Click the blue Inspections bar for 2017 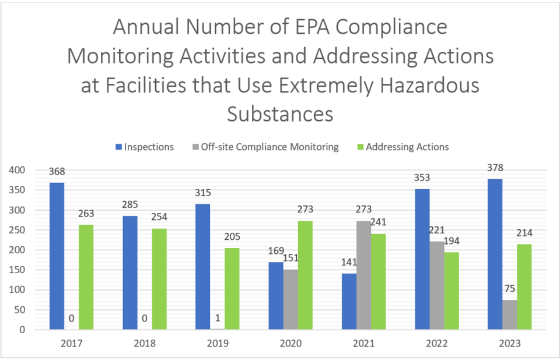[57, 256]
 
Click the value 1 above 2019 [217, 319]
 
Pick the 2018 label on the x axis [145, 344]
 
